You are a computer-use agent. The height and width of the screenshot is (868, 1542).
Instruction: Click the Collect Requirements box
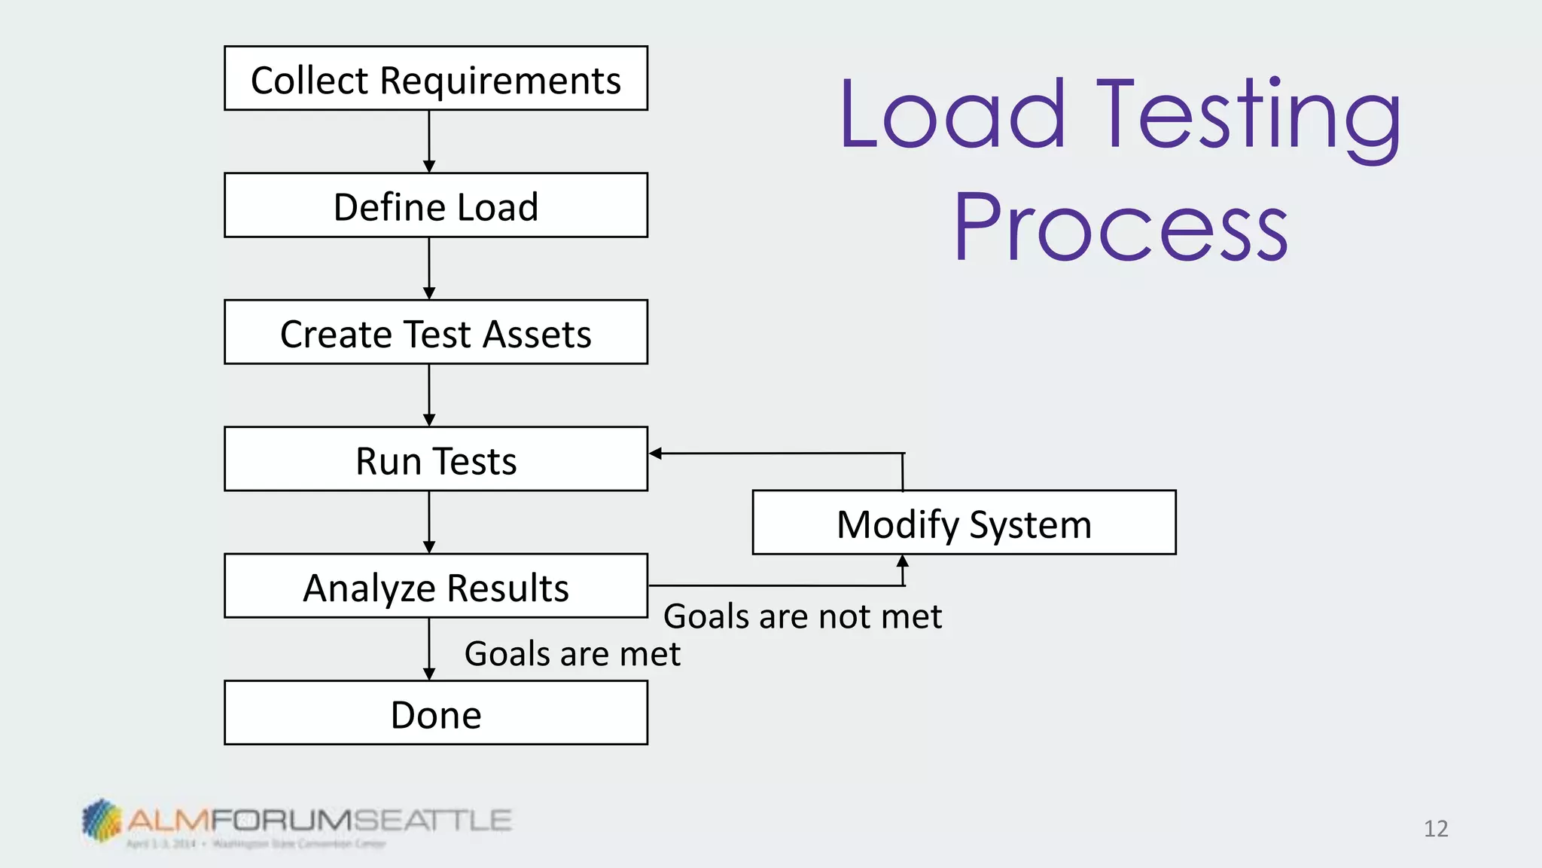(x=435, y=78)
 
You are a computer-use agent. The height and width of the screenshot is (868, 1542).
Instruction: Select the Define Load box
(x=435, y=206)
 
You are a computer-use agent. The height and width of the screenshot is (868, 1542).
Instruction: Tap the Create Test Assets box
(x=435, y=332)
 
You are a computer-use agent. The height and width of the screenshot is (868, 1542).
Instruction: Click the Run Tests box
(x=435, y=459)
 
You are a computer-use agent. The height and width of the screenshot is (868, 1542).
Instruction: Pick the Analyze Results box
(x=435, y=586)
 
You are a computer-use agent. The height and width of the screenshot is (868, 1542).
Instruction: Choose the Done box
(x=435, y=713)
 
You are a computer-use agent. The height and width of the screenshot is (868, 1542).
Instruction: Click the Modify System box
(x=964, y=523)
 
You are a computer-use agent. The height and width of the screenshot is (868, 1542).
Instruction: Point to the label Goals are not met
(x=802, y=616)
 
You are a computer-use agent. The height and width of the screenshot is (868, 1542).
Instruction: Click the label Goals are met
(x=572, y=653)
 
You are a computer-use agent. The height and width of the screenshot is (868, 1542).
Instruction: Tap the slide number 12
(x=1436, y=829)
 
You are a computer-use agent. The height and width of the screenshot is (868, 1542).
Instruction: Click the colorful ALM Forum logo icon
(x=102, y=820)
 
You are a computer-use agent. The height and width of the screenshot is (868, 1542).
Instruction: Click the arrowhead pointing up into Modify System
(x=903, y=561)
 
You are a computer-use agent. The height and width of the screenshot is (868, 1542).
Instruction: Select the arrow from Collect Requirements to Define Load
(x=429, y=141)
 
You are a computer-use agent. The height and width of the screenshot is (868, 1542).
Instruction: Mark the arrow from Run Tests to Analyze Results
(x=429, y=521)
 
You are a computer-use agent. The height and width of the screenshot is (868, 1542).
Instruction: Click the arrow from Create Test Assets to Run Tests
(x=429, y=395)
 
